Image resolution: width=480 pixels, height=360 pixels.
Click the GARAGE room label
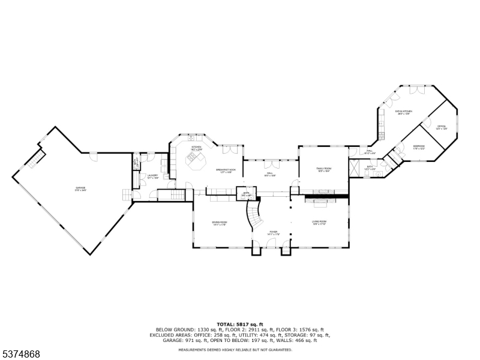[80, 188]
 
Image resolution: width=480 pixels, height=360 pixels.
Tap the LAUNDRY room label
[153, 177]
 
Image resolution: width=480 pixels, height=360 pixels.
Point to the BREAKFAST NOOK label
[226, 171]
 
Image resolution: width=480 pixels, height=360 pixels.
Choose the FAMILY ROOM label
[324, 170]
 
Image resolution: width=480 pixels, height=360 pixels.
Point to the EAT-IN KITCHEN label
[403, 112]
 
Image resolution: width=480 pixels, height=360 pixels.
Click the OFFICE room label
[442, 127]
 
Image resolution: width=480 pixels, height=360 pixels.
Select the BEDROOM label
[418, 148]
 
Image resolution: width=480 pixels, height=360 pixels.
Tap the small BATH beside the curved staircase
[247, 194]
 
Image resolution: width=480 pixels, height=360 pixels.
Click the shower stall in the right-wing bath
[354, 169]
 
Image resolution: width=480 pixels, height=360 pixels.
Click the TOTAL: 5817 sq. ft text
[240, 324]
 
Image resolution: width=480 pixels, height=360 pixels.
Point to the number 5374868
[21, 355]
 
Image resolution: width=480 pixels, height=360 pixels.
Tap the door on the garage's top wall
[93, 155]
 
